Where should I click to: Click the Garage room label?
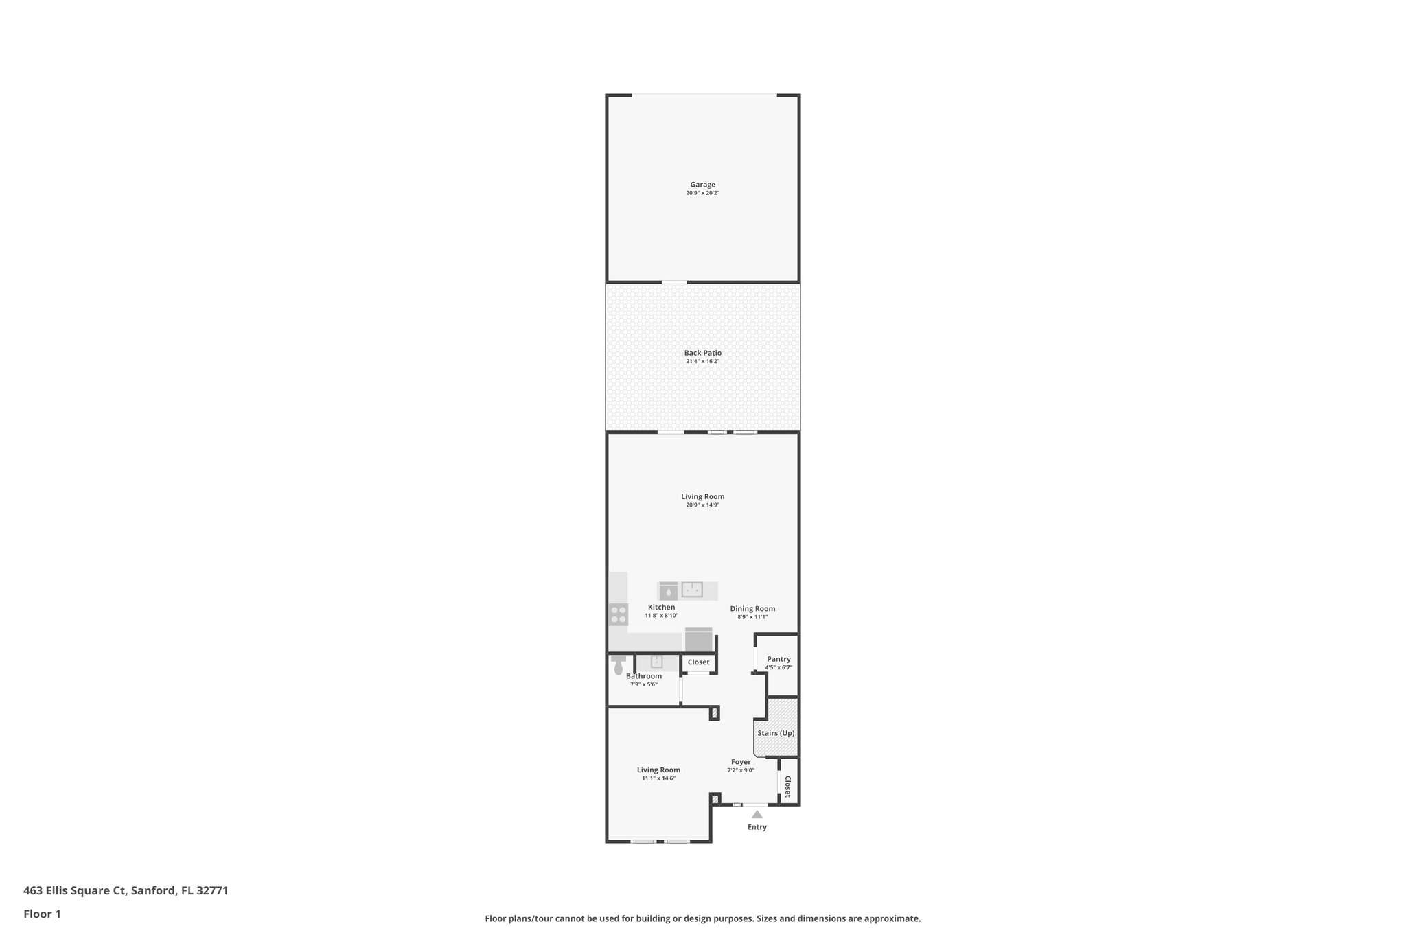(x=702, y=185)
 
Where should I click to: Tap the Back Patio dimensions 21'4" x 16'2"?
(x=702, y=362)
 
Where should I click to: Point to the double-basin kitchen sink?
(x=691, y=590)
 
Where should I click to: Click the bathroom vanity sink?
(x=656, y=662)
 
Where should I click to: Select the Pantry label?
(x=779, y=659)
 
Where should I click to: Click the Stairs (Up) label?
(x=776, y=733)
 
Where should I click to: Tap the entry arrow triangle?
(x=757, y=815)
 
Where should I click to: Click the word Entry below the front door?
(x=757, y=827)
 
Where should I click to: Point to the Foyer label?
(x=741, y=762)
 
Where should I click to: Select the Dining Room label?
(x=752, y=609)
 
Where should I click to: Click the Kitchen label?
(x=661, y=608)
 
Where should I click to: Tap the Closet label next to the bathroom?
(x=698, y=662)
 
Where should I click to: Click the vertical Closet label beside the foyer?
(x=787, y=786)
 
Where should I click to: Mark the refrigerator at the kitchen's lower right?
(x=699, y=640)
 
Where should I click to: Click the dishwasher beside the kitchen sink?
(x=668, y=591)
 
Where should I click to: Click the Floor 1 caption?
(x=42, y=914)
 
